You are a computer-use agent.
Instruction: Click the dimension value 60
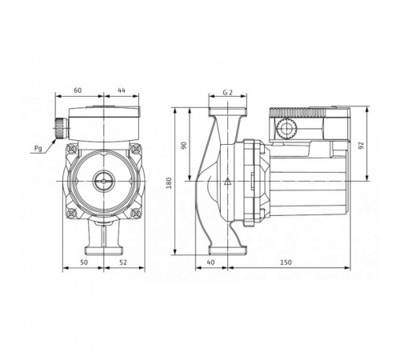tap(78, 90)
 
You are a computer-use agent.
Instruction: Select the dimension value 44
tap(122, 90)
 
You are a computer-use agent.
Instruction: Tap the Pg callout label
tap(38, 149)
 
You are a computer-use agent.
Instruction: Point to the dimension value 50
tap(84, 262)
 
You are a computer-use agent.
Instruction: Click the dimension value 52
tap(123, 262)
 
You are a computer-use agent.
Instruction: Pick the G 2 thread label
tap(227, 93)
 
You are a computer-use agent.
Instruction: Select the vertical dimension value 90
tap(184, 146)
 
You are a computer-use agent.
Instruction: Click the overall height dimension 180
tap(169, 183)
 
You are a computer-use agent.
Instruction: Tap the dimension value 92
tap(362, 146)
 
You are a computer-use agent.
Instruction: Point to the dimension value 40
tap(210, 262)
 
